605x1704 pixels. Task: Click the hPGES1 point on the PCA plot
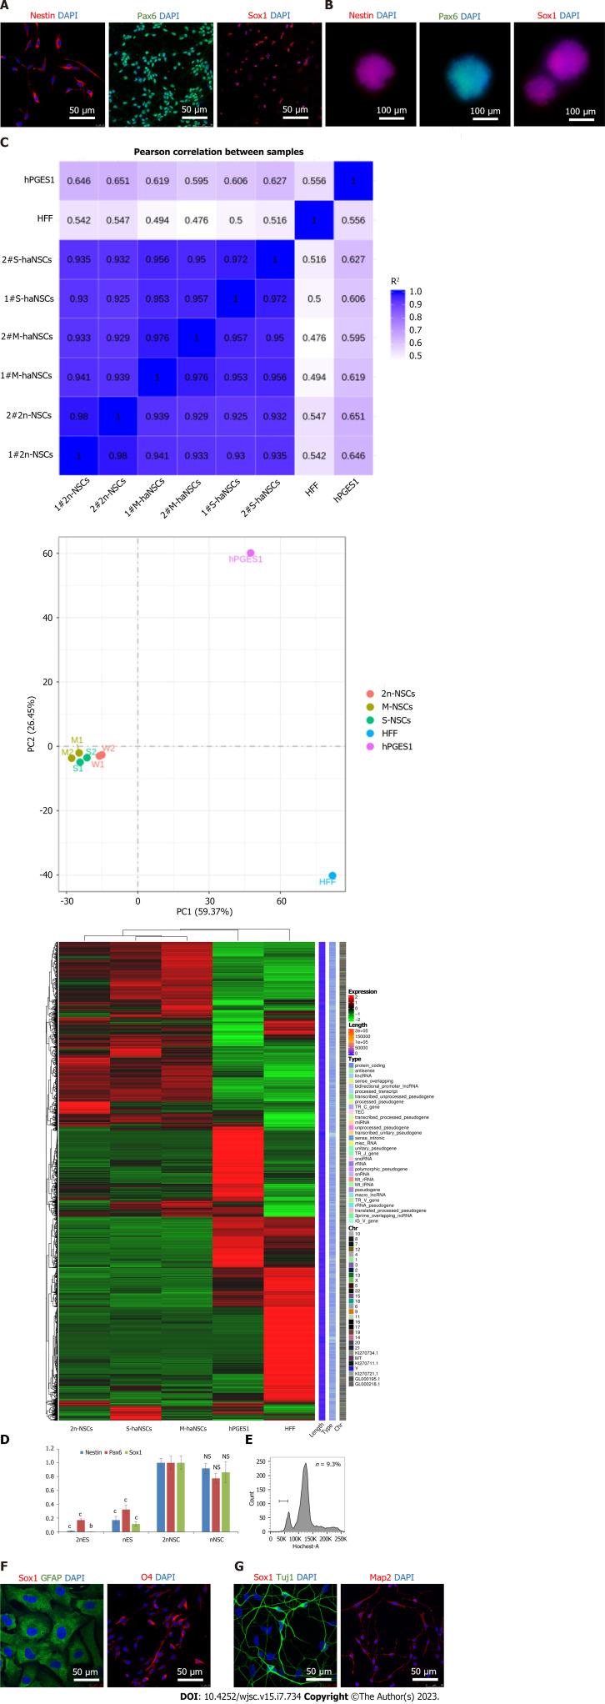coord(251,553)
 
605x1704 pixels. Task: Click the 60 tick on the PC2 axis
coord(48,554)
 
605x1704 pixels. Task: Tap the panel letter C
coord(6,143)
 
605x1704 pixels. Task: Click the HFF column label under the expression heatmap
coord(290,1405)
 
